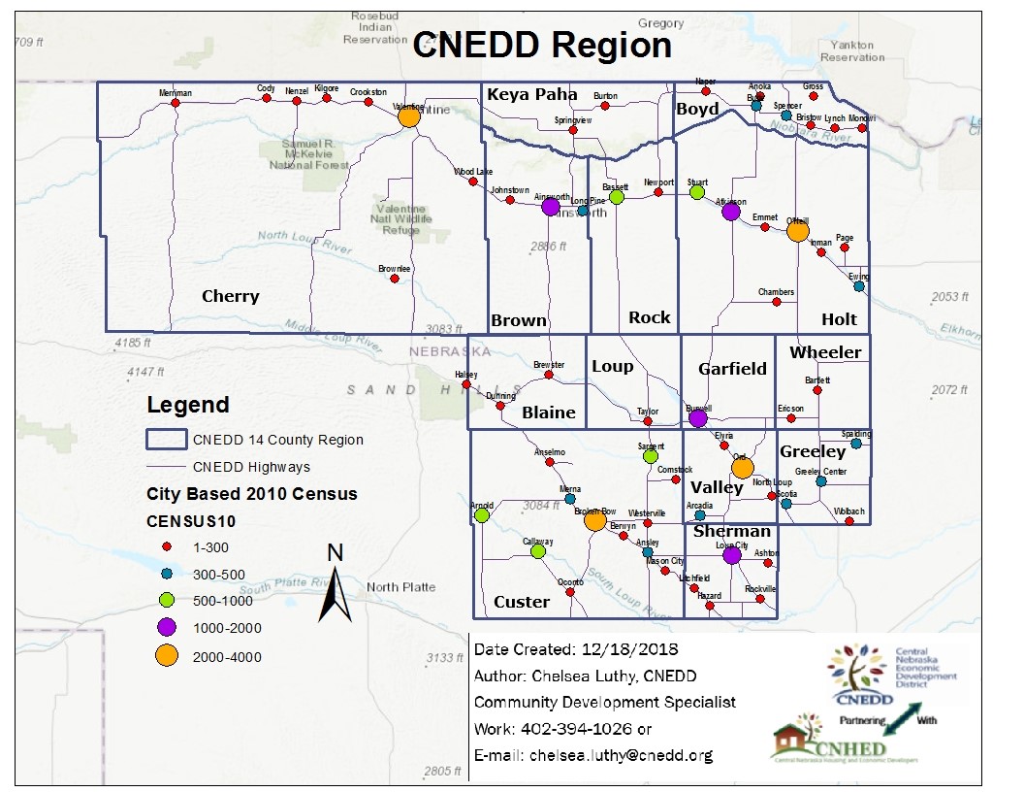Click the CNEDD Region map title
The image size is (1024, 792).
coord(542,46)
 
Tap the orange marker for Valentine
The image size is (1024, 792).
coord(408,116)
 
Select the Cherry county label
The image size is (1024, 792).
coord(230,296)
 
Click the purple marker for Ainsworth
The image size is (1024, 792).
coord(550,206)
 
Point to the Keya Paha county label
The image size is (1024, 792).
coord(532,94)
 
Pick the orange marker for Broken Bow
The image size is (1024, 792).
coord(594,521)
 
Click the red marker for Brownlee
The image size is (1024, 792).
coord(394,279)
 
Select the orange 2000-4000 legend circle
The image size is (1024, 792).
coord(166,657)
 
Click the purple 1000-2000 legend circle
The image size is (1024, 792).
coord(166,628)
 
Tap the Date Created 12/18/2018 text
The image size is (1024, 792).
coord(576,649)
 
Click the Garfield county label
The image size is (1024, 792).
coord(732,369)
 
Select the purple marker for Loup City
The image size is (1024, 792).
coord(731,556)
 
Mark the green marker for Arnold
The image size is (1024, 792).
coord(482,515)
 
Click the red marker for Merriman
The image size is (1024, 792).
coord(175,103)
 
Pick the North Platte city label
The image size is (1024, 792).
coord(400,587)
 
